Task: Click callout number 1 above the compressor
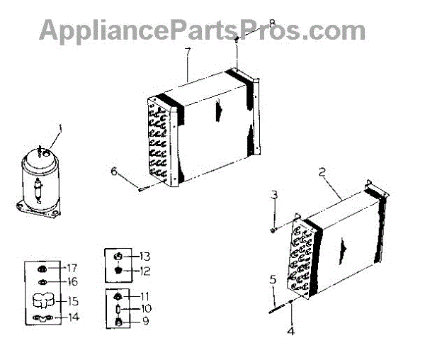pyautogui.click(x=60, y=129)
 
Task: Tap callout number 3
pyautogui.click(x=273, y=193)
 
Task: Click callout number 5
pyautogui.click(x=272, y=279)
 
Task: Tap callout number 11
pyautogui.click(x=146, y=296)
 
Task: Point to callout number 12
pyautogui.click(x=146, y=271)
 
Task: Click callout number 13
pyautogui.click(x=146, y=256)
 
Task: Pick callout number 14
pyautogui.click(x=73, y=317)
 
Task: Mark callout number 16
pyautogui.click(x=72, y=281)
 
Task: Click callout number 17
pyautogui.click(x=72, y=268)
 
